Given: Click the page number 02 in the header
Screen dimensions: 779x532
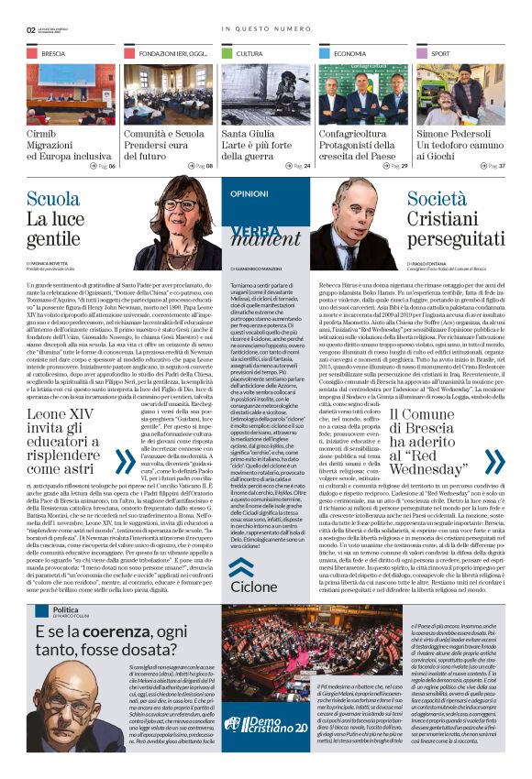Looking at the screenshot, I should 31,28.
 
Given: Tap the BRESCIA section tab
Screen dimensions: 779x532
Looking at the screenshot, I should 52,54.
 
